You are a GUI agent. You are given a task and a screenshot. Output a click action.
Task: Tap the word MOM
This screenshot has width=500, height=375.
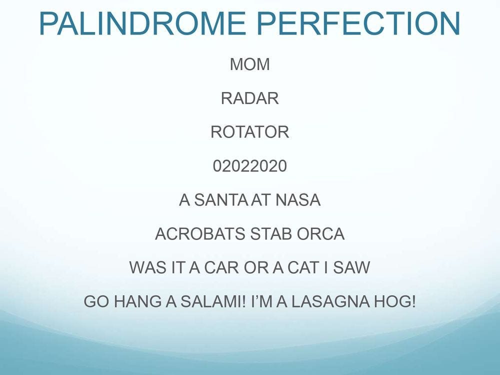tap(249, 64)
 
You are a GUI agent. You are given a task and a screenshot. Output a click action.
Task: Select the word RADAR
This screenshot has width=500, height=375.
tap(249, 98)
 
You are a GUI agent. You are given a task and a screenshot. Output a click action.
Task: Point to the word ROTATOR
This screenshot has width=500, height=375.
tap(249, 132)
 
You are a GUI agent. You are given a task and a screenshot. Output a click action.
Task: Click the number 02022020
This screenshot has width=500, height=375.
tap(249, 166)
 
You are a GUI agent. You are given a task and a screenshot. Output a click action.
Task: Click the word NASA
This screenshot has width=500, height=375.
tap(298, 200)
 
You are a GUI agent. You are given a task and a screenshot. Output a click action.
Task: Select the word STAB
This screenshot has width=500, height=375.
tap(270, 234)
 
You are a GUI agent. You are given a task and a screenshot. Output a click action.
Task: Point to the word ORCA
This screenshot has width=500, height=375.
tap(320, 234)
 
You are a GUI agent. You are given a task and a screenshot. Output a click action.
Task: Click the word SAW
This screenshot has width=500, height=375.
tap(351, 267)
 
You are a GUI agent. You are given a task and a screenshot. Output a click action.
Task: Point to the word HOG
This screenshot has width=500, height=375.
tap(395, 301)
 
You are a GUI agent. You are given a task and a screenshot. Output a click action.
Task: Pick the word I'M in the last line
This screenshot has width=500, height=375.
tap(261, 301)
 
